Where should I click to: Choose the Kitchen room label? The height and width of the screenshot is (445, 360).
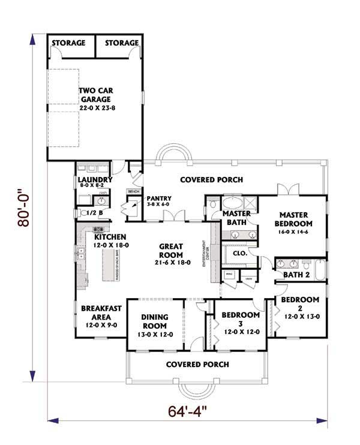point(101,240)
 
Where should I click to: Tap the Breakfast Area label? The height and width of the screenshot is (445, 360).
point(101,315)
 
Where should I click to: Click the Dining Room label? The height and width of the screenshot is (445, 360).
point(154,324)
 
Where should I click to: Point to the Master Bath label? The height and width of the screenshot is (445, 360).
point(236,218)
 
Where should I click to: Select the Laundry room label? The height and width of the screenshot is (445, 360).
point(95,182)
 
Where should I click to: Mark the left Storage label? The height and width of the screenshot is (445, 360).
point(68,43)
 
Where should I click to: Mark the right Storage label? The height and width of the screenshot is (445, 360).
point(122,43)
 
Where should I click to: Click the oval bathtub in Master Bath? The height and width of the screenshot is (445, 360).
point(232,202)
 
